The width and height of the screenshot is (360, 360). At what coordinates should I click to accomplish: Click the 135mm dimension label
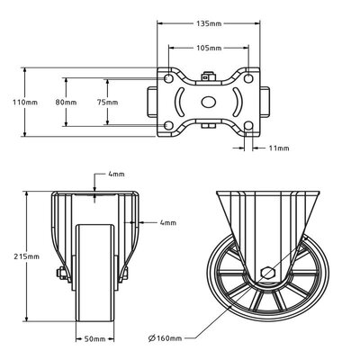(x=209, y=23)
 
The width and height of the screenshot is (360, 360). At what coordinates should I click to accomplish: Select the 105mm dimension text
(x=209, y=48)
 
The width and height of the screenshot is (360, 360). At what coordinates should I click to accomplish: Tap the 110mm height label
(x=25, y=103)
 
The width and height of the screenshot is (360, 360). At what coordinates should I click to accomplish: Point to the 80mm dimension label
(x=66, y=103)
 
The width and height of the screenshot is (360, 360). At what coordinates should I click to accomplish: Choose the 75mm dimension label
(x=107, y=103)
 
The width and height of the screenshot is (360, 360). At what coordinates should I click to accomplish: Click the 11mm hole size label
(x=279, y=148)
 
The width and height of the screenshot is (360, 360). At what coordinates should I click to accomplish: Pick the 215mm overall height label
(x=27, y=256)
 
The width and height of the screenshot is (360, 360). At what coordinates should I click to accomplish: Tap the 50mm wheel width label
(x=94, y=339)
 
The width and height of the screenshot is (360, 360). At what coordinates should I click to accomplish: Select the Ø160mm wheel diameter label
(x=166, y=338)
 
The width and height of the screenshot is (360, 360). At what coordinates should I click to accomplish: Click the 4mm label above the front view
(x=116, y=174)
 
